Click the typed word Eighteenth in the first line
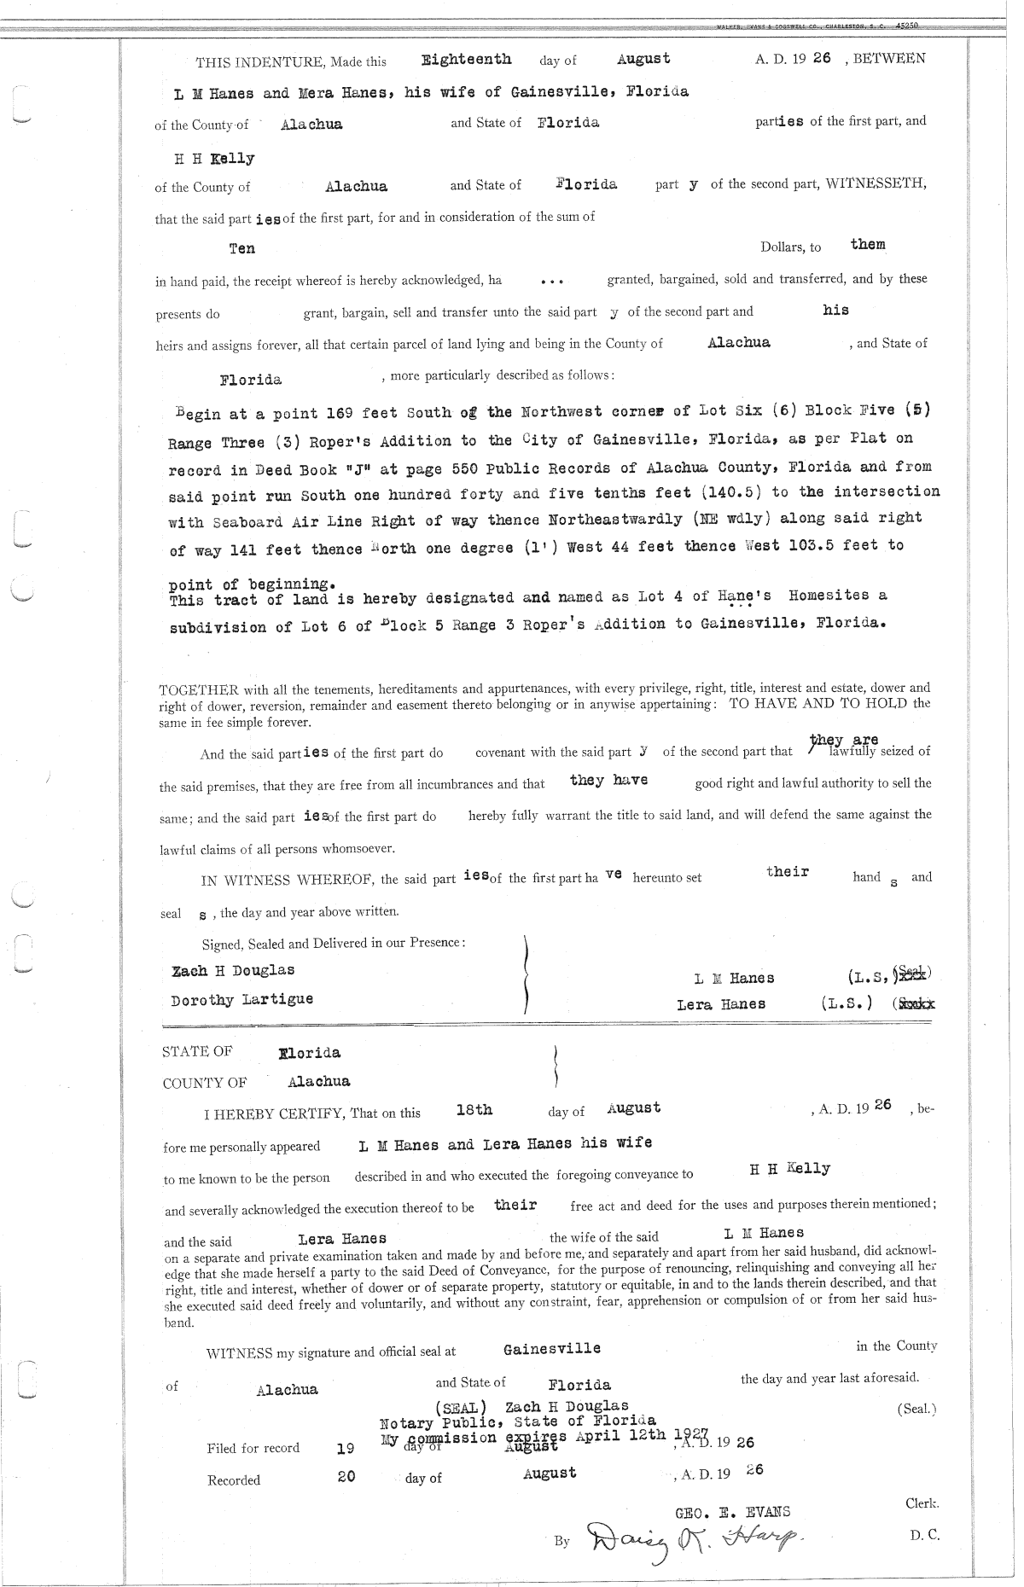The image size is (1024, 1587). point(467,59)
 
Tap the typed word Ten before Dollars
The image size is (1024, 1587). point(241,248)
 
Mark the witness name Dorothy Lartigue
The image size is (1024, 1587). point(241,999)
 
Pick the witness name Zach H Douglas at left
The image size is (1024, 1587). point(233,971)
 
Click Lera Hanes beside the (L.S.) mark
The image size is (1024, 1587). point(720,1004)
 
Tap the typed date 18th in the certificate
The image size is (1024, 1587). point(474,1110)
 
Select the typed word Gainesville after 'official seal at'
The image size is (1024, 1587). point(551,1349)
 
